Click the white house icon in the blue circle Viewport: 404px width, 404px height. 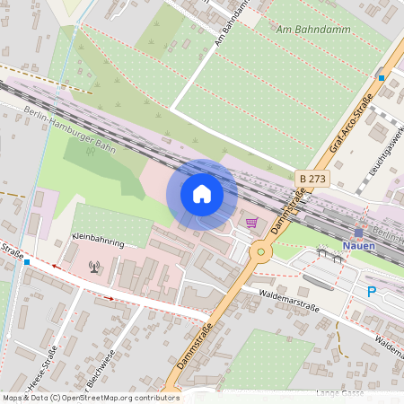click(202, 194)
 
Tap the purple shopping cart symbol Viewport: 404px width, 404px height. click(252, 222)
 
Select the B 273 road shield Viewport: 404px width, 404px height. click(313, 180)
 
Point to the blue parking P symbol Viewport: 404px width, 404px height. click(372, 292)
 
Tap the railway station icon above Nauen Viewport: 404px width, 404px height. click(358, 232)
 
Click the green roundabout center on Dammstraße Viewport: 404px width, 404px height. click(261, 251)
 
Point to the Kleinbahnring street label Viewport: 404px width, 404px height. click(97, 242)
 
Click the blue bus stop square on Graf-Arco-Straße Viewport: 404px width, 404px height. click(381, 78)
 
